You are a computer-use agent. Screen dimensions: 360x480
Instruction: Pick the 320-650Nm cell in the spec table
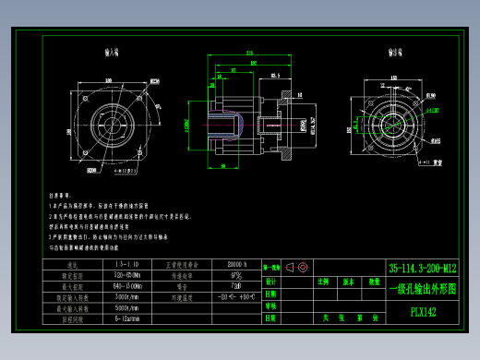(x=127, y=275)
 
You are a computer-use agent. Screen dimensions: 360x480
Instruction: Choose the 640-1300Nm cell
(x=127, y=286)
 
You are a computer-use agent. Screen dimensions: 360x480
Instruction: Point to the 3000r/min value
(x=127, y=297)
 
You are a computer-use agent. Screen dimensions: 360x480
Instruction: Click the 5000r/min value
(x=127, y=308)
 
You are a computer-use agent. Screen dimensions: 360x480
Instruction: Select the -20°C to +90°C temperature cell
(x=234, y=297)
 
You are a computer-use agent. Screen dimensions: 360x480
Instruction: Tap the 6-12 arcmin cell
(x=127, y=318)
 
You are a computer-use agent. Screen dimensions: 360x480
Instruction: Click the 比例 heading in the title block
(x=324, y=281)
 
